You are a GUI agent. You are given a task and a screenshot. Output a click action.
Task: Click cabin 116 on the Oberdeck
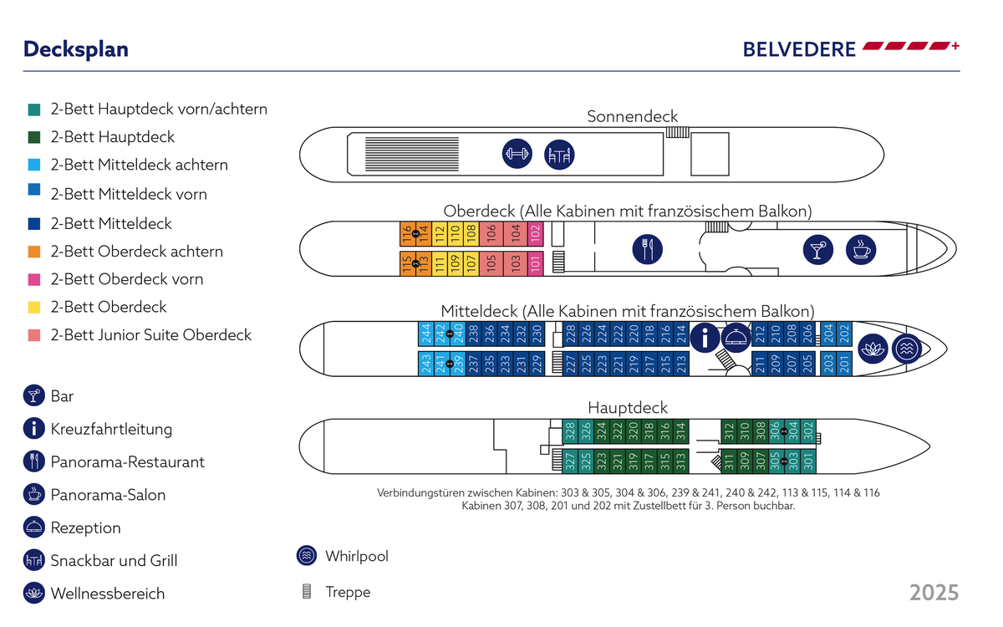coord(407,234)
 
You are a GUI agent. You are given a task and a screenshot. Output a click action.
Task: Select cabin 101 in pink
coord(536,263)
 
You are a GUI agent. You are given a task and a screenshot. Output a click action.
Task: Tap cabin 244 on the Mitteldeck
coord(425,334)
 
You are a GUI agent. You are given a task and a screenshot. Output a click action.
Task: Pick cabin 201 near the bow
coord(844,364)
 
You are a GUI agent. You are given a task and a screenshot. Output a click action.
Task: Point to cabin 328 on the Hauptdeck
coord(570,431)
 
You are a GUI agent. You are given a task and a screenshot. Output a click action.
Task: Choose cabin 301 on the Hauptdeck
coord(807,461)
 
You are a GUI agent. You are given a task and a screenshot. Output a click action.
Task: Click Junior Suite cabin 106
coord(491,234)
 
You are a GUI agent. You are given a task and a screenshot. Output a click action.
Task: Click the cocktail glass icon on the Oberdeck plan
coord(816,249)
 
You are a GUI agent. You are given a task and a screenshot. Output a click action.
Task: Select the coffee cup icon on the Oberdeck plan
coord(859,249)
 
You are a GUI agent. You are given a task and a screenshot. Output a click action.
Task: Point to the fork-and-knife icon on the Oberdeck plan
coord(648,248)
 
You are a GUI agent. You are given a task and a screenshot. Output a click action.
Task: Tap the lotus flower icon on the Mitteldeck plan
coord(873,348)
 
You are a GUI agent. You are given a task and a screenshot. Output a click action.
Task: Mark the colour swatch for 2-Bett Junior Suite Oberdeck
coord(34,335)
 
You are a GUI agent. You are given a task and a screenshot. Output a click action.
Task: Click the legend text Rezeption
coord(85,528)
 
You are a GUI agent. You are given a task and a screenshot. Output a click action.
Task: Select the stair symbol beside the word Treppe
coord(307,592)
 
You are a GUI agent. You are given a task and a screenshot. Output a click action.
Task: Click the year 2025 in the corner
coord(934,593)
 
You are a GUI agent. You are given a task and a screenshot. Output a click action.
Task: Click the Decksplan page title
coord(76,49)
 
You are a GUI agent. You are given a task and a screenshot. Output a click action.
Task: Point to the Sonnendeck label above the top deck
coord(632,117)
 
